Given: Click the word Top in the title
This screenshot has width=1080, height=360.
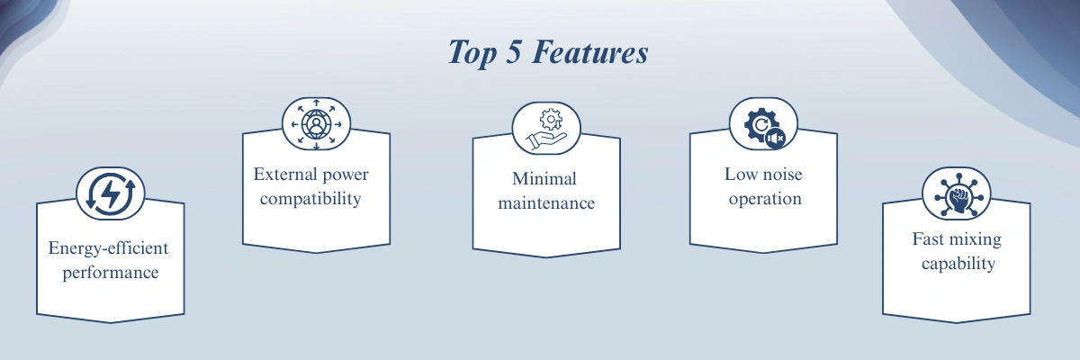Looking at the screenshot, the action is point(472,53).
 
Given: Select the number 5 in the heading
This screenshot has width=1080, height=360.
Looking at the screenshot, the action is point(514,51).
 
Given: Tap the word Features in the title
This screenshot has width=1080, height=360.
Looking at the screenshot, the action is point(590,51).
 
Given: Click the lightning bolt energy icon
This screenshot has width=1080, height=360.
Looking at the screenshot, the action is point(111,193).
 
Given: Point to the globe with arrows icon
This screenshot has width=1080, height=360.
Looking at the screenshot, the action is point(316,124).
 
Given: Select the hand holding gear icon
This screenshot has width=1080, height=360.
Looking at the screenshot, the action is point(546,130).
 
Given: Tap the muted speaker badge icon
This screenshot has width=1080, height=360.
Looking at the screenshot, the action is point(775,139).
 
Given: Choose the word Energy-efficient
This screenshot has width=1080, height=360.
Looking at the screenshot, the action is point(109,248).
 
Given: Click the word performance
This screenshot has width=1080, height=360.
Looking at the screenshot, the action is point(111,274).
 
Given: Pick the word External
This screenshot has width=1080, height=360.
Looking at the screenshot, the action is point(285,174).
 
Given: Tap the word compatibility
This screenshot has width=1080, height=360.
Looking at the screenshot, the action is point(310,199).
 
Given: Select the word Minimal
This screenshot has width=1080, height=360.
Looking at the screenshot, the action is point(544,179).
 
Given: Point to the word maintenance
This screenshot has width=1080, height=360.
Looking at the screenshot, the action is point(546,202).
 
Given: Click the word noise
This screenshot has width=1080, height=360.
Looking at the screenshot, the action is point(781,174).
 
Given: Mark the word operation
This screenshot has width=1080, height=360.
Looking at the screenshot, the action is point(765,199).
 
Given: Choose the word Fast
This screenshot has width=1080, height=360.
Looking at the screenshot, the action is point(928,239).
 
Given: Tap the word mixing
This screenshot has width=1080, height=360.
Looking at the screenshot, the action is point(976,240).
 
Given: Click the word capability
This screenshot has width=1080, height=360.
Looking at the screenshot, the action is point(958,264).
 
